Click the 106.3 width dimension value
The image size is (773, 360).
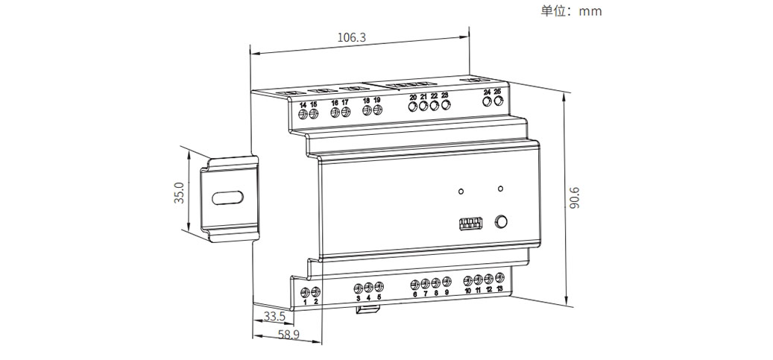(x=352, y=37)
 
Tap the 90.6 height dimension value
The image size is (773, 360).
(x=574, y=198)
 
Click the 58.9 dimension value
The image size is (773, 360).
(x=288, y=335)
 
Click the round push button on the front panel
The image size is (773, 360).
(x=502, y=221)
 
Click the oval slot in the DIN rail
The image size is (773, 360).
(x=227, y=199)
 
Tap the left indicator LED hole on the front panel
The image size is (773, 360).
(x=461, y=191)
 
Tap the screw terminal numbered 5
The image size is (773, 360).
(x=379, y=286)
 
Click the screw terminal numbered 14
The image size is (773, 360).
(x=303, y=113)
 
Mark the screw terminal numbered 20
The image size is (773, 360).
(x=412, y=105)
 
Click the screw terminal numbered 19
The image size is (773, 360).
(x=377, y=110)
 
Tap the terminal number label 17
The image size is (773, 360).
(x=345, y=103)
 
